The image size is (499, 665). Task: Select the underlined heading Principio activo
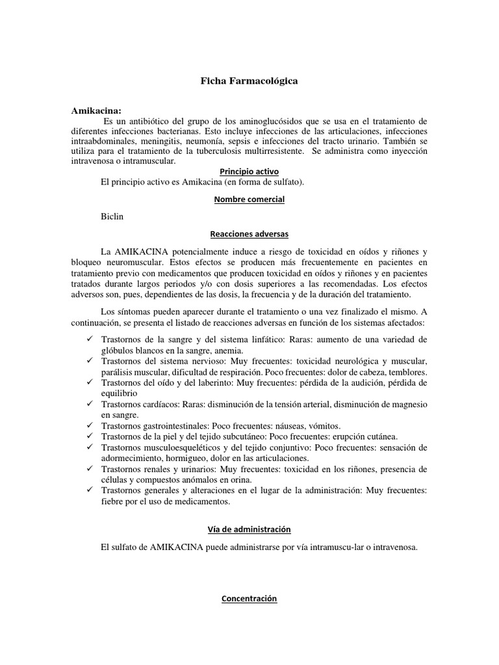249,171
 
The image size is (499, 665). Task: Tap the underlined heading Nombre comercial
249,199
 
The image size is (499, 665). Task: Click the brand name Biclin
112,216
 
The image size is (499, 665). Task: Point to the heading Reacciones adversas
249,234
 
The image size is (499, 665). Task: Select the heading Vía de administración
249,530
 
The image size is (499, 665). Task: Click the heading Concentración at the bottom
249,599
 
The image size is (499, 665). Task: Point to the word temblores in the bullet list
405,372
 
